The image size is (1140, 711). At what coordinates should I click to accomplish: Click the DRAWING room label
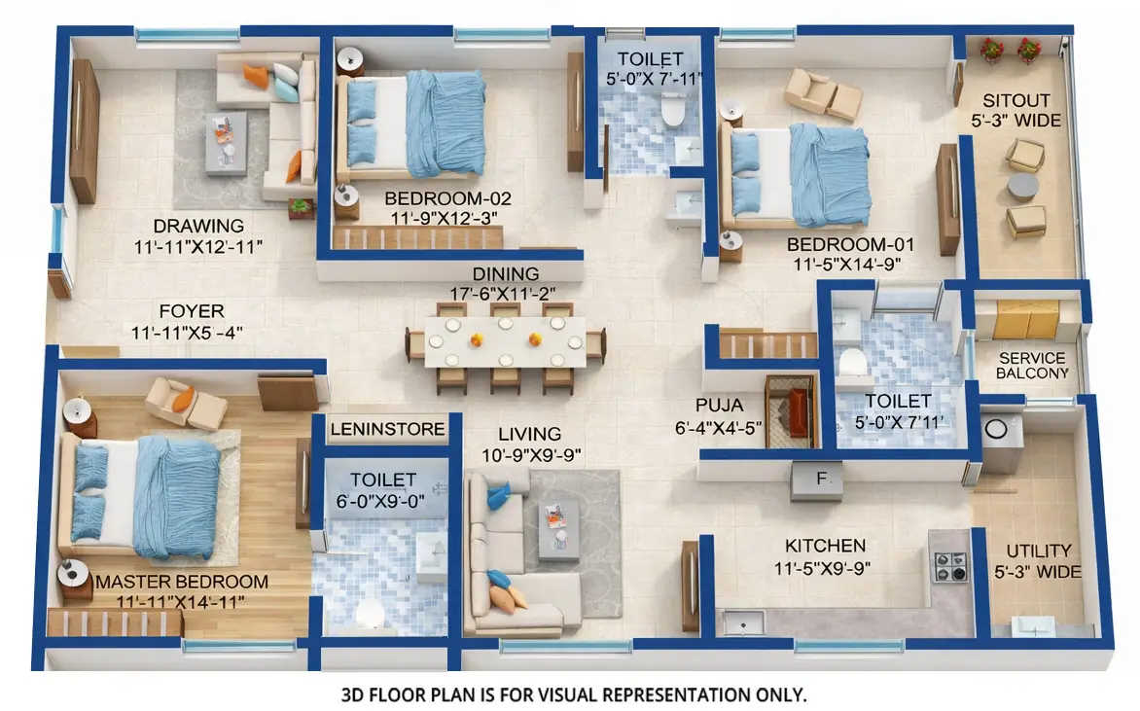click(x=185, y=226)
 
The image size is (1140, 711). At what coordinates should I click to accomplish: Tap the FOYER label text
click(x=192, y=311)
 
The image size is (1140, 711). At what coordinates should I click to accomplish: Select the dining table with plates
click(x=505, y=341)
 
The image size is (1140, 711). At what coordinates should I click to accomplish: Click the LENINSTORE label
click(x=387, y=428)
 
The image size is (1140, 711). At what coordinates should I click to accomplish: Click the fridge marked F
click(x=816, y=479)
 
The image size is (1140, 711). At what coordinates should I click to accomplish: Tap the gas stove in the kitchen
click(x=949, y=565)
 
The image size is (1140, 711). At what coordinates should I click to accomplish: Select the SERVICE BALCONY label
click(x=1032, y=366)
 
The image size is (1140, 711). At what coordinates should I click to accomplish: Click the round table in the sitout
click(x=1022, y=186)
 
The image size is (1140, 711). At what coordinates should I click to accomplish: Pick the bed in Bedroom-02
click(x=415, y=124)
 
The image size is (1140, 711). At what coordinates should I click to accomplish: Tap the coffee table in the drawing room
click(x=225, y=141)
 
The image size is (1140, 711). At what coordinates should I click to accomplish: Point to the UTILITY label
click(x=1039, y=551)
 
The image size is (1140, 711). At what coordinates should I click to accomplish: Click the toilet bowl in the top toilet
click(x=672, y=113)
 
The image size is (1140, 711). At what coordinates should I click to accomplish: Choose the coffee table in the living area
click(x=558, y=529)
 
